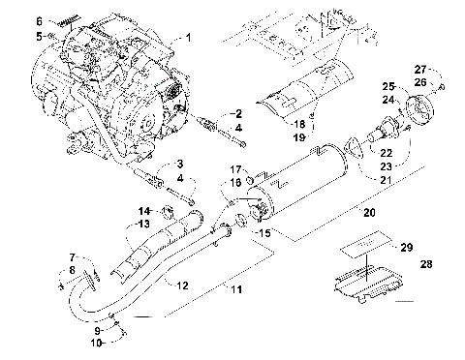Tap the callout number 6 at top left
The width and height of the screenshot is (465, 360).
tap(40, 20)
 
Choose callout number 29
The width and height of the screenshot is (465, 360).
tap(407, 247)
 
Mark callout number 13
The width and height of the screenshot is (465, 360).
tap(144, 224)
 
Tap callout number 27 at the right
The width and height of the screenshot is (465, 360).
tap(420, 69)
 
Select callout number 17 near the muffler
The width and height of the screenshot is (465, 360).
tap(235, 171)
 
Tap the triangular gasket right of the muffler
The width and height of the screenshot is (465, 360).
tap(354, 150)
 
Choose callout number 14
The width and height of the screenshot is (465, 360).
tap(144, 210)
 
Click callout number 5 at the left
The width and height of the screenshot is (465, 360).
tap(40, 36)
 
